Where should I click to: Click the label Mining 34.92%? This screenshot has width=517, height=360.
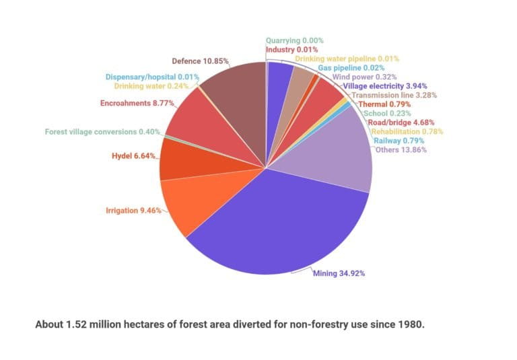[x=339, y=274]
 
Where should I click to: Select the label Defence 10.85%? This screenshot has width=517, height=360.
[x=201, y=61]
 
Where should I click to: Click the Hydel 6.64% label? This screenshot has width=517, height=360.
[x=133, y=156]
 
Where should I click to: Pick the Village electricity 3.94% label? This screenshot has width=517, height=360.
[x=382, y=86]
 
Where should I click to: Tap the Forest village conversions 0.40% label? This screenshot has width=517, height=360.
[x=102, y=131]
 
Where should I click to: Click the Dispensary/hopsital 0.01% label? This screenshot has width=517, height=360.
[x=152, y=77]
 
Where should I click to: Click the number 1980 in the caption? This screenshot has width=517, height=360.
[x=412, y=324]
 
